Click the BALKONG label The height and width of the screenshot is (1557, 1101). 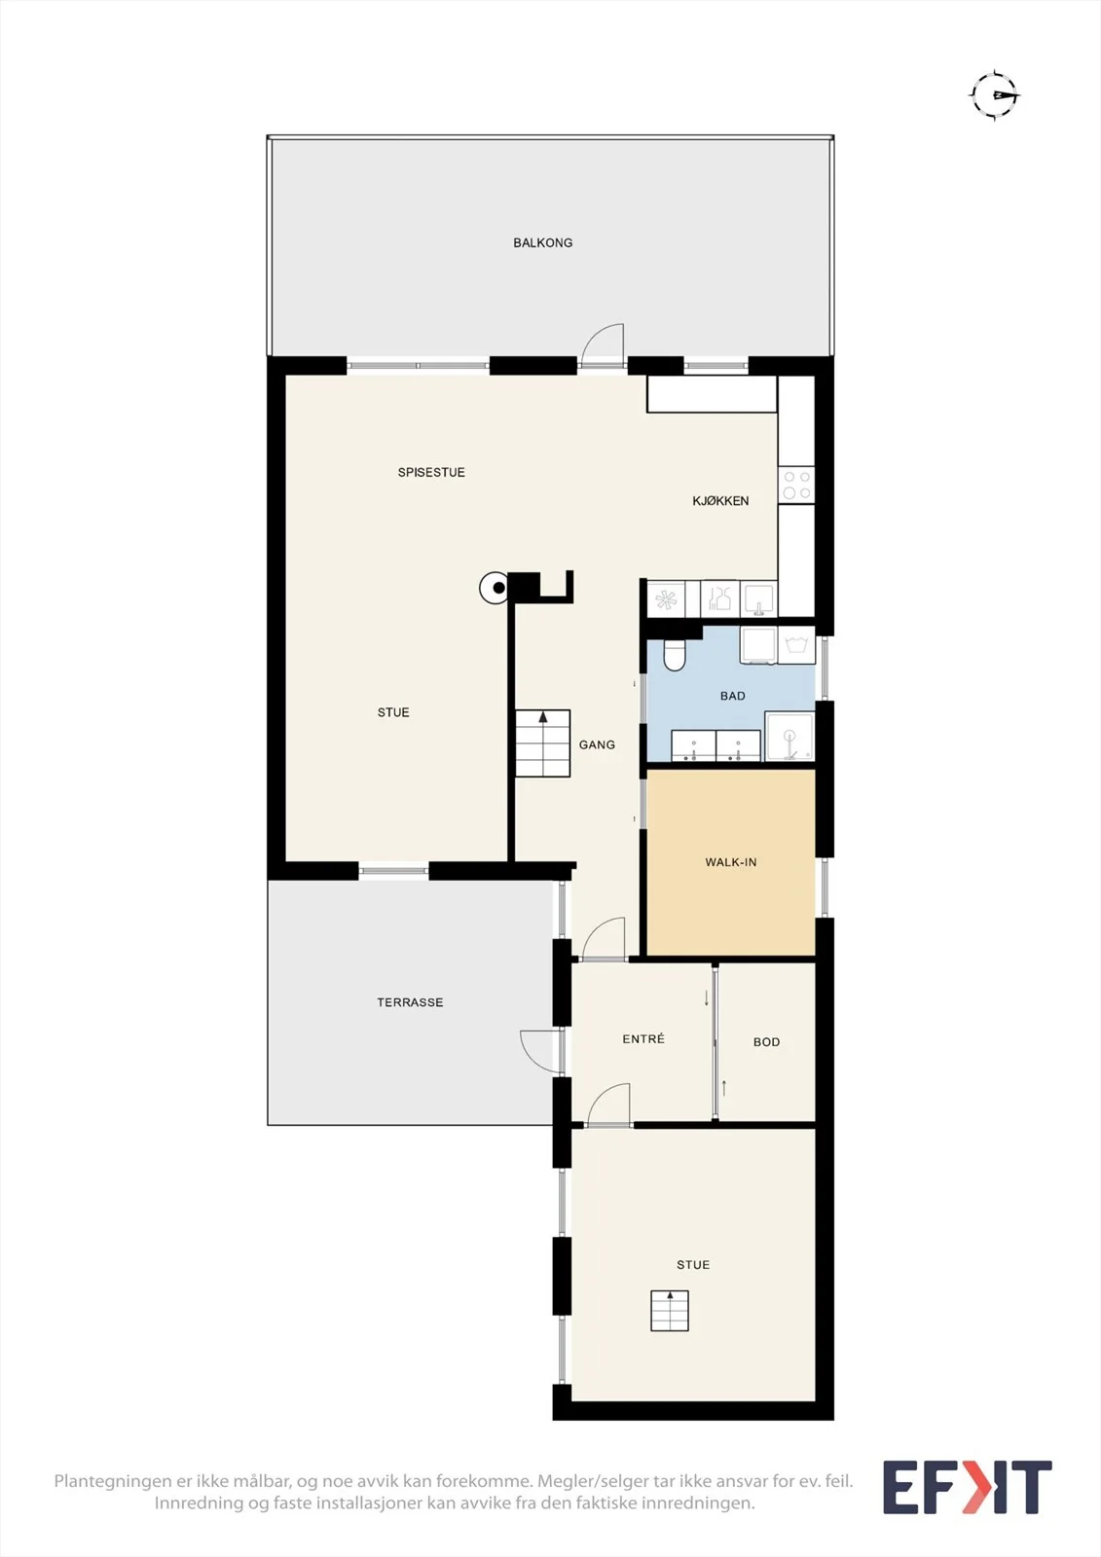(542, 242)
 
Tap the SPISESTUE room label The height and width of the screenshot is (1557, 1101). (431, 472)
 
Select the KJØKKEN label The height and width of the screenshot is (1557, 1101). (720, 500)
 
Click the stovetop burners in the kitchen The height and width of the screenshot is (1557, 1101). (796, 486)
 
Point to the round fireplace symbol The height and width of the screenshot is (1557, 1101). (495, 588)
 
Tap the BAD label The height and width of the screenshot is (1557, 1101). (732, 696)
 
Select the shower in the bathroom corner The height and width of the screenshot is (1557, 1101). (789, 736)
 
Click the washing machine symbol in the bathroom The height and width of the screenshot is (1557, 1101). (796, 645)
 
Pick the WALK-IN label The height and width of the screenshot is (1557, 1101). (730, 862)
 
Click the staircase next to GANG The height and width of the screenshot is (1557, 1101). (542, 743)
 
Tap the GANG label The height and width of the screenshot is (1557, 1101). (597, 744)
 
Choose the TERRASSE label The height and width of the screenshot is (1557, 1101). (410, 1002)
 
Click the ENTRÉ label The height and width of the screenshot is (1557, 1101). (643, 1038)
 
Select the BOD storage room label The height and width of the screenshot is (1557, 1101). (766, 1042)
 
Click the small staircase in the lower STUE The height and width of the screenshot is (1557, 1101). (670, 1310)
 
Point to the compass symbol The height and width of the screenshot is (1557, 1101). (995, 95)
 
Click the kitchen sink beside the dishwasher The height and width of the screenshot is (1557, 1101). (758, 598)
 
